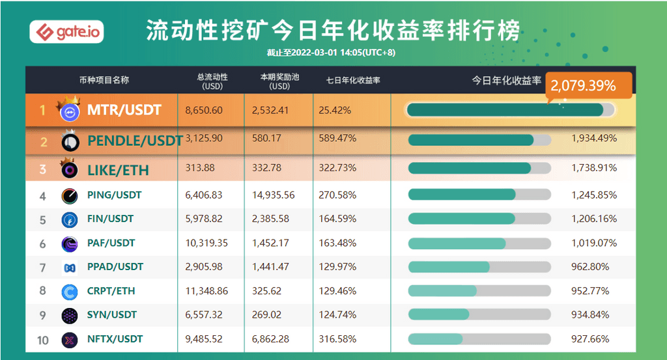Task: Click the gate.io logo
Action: [x=66, y=32]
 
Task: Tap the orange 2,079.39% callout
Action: [x=583, y=85]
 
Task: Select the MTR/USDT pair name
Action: [x=124, y=110]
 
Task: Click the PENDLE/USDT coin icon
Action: [x=70, y=141]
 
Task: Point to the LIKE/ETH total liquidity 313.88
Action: [x=199, y=168]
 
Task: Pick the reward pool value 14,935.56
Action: [x=273, y=195]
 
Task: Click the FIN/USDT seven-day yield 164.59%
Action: [x=337, y=219]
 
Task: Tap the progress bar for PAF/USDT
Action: [x=479, y=243]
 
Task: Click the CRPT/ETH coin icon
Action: [x=70, y=291]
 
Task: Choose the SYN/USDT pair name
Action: [x=111, y=314]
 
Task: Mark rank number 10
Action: [x=43, y=339]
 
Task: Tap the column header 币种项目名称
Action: [x=104, y=80]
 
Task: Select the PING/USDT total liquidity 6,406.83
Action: [x=204, y=195]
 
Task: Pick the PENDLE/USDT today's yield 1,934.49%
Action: [x=593, y=138]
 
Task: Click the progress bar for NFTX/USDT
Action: [x=479, y=339]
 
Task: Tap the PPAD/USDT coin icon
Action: [x=70, y=267]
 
